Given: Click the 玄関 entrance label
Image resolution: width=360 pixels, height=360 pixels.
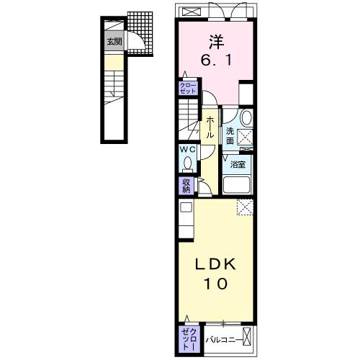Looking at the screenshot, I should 114,42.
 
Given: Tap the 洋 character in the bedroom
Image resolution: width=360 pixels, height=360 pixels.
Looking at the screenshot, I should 214,42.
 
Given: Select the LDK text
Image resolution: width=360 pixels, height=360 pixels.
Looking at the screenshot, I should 213,264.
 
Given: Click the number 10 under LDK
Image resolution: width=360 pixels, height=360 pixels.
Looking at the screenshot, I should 213,284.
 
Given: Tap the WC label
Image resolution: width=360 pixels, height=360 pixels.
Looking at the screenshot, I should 187,150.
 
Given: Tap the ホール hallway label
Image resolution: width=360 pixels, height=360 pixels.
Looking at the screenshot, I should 210,128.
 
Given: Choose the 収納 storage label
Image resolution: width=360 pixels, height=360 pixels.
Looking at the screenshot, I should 186,186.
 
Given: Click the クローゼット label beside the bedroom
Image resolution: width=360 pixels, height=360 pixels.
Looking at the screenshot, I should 187,89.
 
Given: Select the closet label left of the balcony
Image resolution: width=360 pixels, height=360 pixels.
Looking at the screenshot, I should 187,336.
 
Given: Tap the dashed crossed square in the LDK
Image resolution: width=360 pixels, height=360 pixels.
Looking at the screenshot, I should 245,207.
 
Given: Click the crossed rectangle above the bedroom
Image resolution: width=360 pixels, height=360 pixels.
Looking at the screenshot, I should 192,12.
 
